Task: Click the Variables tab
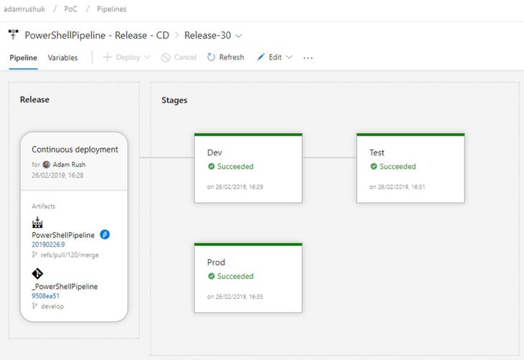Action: tap(62, 58)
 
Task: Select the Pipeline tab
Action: tap(23, 58)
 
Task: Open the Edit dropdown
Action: tap(275, 57)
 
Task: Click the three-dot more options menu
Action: tap(308, 58)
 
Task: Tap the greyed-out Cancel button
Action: tap(179, 57)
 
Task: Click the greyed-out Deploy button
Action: tap(126, 57)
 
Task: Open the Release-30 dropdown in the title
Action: tap(213, 35)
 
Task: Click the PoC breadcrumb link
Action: tap(70, 9)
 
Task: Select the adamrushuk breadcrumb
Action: tap(24, 9)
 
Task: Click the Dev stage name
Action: tap(214, 153)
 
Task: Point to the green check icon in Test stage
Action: tap(373, 166)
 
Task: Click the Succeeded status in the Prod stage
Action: tap(235, 276)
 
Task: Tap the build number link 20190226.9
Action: tap(48, 245)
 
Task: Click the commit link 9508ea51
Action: tap(45, 296)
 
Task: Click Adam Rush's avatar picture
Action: tap(47, 165)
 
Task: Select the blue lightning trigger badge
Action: tap(105, 235)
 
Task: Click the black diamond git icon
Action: tap(37, 274)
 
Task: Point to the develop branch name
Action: tap(52, 306)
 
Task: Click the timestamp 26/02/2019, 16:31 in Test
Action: tap(401, 187)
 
